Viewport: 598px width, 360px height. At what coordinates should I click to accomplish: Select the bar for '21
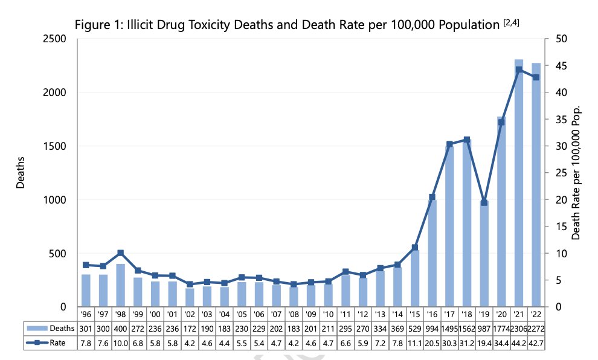click(x=518, y=187)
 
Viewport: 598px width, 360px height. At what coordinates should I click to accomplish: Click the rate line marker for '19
click(x=484, y=202)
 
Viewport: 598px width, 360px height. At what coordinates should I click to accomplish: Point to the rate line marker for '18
click(x=466, y=140)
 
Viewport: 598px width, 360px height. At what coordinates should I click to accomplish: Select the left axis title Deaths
click(x=21, y=173)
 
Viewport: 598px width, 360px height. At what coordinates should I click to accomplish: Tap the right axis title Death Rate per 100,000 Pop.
click(x=576, y=173)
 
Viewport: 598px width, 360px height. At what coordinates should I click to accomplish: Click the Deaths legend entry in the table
click(x=51, y=328)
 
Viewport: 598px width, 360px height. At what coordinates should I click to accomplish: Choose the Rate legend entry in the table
click(x=51, y=342)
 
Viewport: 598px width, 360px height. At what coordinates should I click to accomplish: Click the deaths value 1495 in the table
click(x=449, y=328)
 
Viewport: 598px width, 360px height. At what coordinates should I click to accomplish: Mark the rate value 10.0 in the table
click(x=120, y=342)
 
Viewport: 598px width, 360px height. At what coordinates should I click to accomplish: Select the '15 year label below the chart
click(x=414, y=314)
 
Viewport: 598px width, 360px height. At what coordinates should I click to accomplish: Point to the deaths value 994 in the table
click(x=432, y=328)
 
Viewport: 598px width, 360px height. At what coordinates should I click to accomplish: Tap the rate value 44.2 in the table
click(x=518, y=342)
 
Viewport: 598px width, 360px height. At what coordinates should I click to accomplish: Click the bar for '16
click(x=432, y=254)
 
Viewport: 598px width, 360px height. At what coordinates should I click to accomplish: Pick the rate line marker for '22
click(x=536, y=77)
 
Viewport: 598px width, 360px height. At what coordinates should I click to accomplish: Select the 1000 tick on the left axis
click(x=56, y=200)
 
